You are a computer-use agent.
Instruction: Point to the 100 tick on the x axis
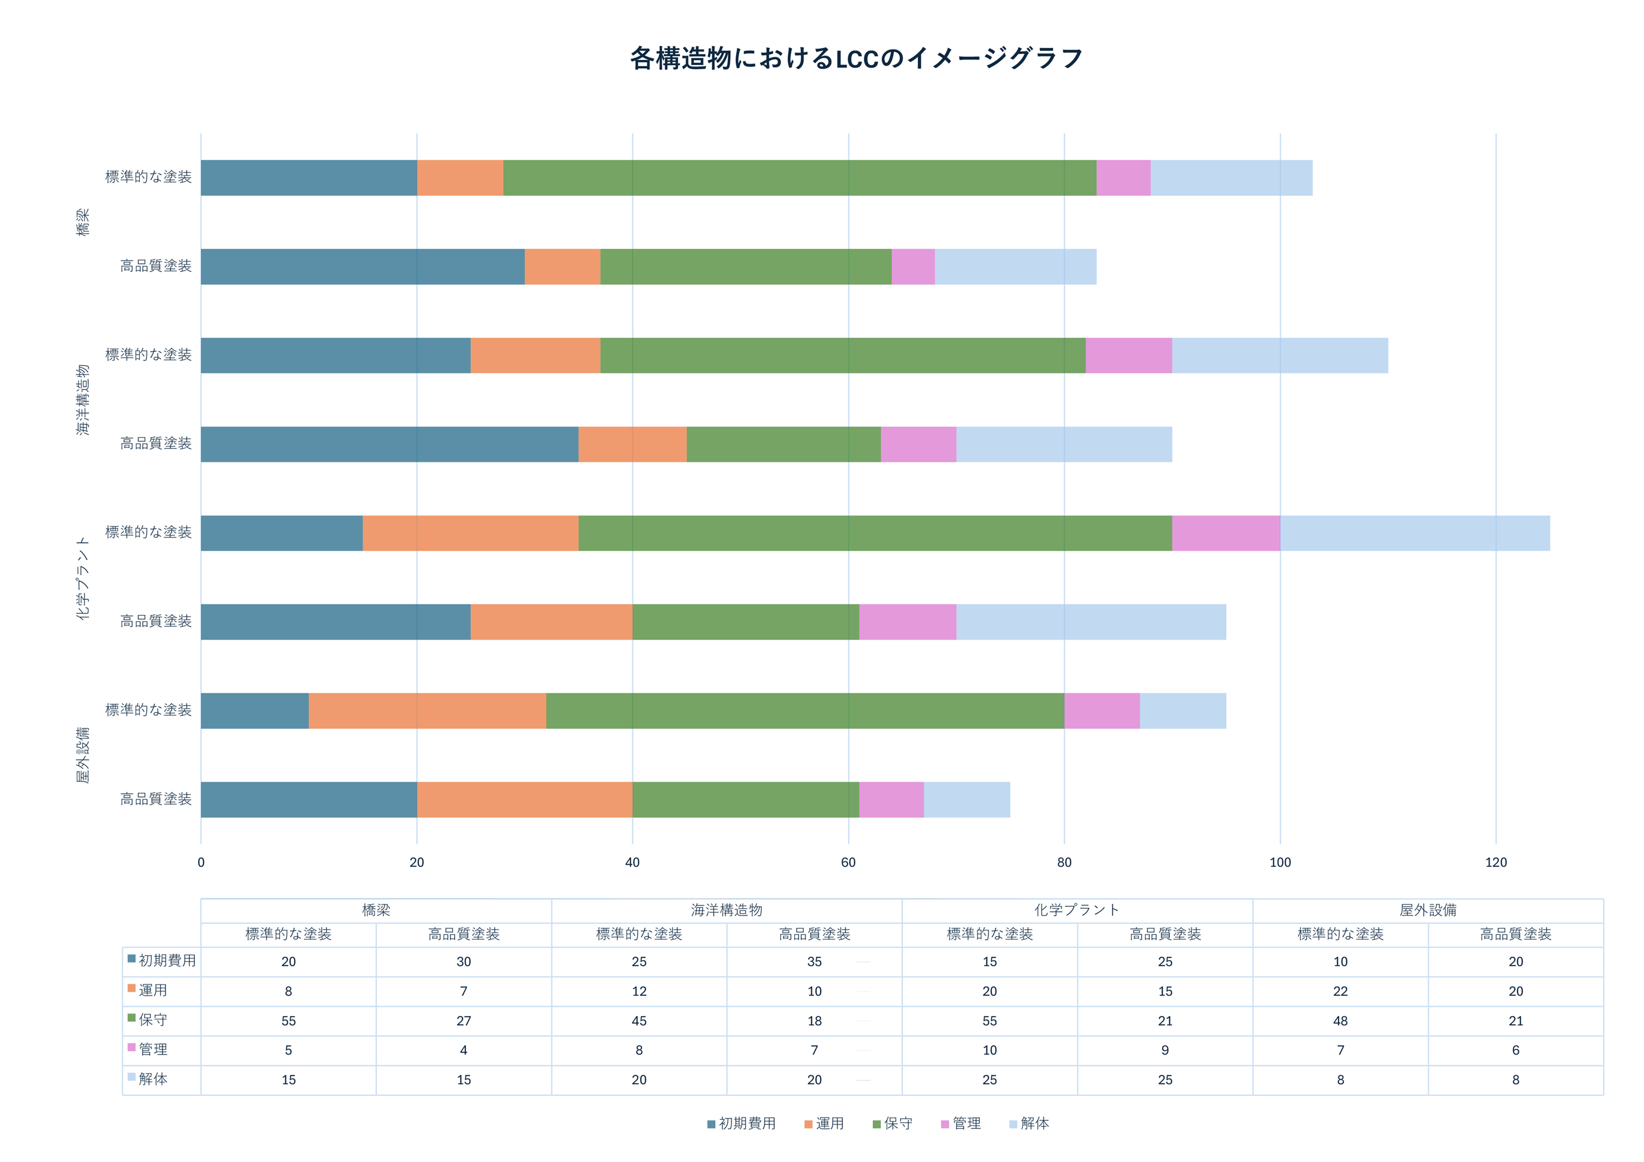(x=1279, y=863)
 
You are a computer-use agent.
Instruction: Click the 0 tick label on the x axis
(x=201, y=863)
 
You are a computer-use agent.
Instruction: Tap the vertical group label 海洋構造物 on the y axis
(x=83, y=400)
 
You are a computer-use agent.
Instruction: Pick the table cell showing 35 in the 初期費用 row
(x=814, y=961)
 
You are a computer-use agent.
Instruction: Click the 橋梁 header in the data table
(x=376, y=910)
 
